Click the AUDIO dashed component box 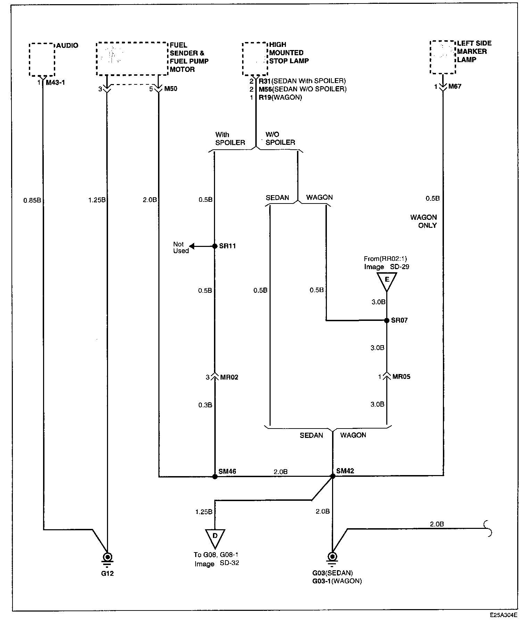42,59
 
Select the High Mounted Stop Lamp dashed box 255,59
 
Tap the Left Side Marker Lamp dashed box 443,57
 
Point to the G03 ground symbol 332,557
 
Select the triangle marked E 387,280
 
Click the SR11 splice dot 215,246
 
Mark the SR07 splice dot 387,321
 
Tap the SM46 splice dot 215,476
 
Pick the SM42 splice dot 332,476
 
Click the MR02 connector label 229,377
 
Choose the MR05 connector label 401,376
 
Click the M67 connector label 455,86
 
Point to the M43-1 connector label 55,83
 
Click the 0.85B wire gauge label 32,200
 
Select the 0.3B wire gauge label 205,405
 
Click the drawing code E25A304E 504,615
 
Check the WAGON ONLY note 424,221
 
